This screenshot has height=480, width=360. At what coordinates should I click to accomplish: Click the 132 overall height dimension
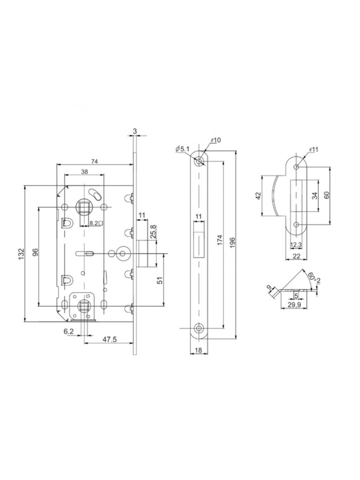pos(21,254)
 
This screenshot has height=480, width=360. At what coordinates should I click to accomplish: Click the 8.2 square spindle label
pos(94,223)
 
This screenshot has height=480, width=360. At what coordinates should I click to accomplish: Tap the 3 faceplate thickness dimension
pos(135,131)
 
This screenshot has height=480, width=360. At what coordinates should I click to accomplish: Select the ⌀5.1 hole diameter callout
pos(182,149)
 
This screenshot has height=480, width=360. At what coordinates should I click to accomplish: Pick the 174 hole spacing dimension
pos(220,240)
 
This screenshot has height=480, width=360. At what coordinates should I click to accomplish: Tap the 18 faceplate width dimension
pos(198,350)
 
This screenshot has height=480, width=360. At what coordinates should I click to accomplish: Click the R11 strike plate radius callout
pos(313,150)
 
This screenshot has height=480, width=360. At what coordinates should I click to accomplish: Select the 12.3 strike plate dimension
pos(296,245)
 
